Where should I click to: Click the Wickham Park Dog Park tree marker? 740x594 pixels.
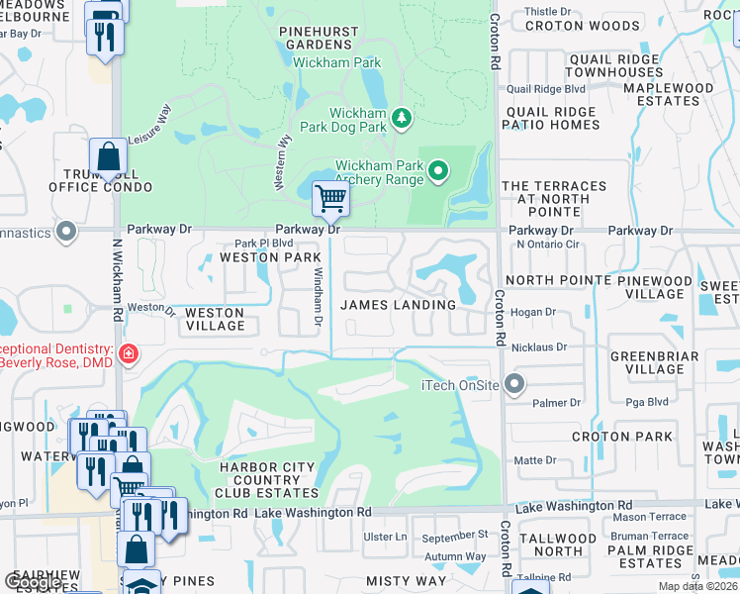coord(401,119)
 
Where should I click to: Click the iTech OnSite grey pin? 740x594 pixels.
coord(512,384)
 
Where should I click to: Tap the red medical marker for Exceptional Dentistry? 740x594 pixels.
coord(128,353)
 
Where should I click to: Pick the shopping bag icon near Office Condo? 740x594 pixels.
coord(107,157)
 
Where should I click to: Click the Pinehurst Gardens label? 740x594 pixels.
coord(319,38)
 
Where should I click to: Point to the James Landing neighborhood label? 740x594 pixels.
coord(399,305)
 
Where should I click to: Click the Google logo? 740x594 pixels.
coord(33,582)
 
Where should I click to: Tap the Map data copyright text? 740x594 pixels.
coord(698,586)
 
